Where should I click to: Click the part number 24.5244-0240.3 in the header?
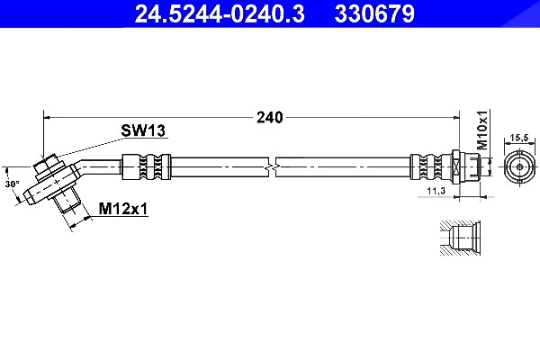(x=220, y=14)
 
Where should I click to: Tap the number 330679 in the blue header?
(x=374, y=14)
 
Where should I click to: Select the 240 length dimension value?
(x=270, y=118)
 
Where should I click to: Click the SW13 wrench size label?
(x=143, y=130)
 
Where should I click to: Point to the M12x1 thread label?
(x=123, y=209)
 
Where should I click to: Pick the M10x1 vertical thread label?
(x=483, y=130)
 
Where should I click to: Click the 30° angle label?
(x=12, y=184)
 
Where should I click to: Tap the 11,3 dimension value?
(x=436, y=191)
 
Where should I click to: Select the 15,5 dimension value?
(x=519, y=138)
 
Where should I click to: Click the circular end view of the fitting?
(x=519, y=167)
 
